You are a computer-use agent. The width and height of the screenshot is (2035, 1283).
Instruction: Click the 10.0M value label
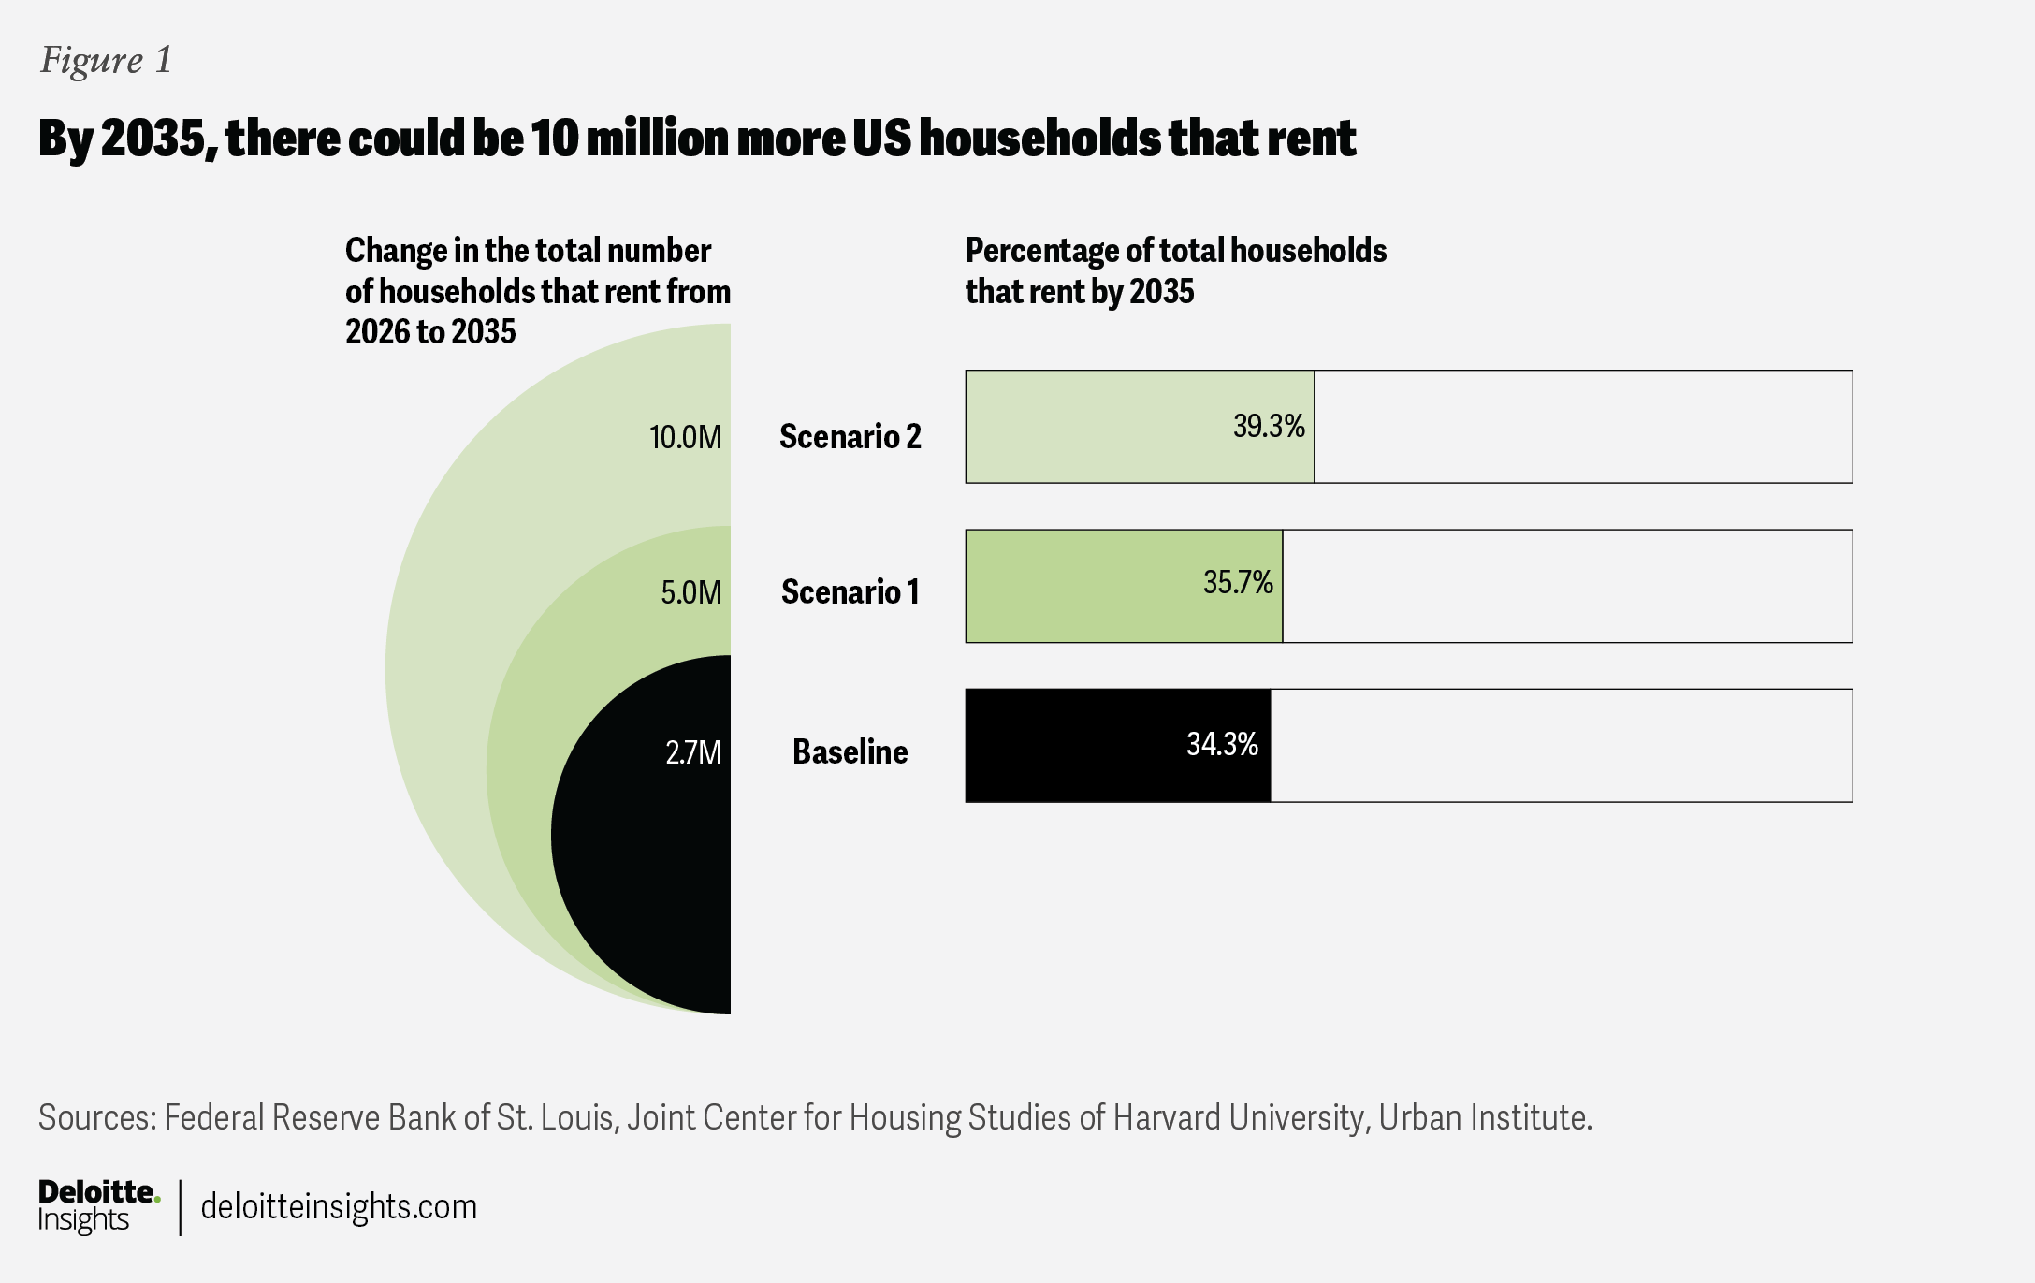[686, 437]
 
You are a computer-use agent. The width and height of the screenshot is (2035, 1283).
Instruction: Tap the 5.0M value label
[691, 592]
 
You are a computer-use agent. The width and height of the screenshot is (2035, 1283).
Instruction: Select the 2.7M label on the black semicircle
[693, 752]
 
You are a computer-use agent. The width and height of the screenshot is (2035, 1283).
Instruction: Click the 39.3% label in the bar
[1269, 427]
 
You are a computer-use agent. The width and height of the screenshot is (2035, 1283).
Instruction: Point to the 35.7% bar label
[1238, 583]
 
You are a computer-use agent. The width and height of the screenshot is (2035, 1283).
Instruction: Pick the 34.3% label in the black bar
[1223, 744]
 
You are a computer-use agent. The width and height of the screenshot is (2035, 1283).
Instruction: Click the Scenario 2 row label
[850, 437]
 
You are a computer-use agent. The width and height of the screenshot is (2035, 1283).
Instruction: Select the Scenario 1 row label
[850, 592]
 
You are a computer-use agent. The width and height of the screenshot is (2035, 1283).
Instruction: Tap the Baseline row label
[850, 752]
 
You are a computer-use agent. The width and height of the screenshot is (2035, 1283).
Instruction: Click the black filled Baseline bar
[1118, 746]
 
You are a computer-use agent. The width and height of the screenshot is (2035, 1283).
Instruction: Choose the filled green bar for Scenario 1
[1124, 587]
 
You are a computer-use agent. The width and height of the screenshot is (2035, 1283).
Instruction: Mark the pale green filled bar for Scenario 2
[1140, 427]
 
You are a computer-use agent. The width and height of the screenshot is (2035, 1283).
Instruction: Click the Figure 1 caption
[106, 61]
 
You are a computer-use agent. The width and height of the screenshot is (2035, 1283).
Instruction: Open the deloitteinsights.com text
[339, 1207]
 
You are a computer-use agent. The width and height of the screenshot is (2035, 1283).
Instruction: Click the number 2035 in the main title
[153, 139]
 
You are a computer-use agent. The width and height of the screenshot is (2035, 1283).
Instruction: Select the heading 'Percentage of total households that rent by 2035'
[1176, 271]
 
